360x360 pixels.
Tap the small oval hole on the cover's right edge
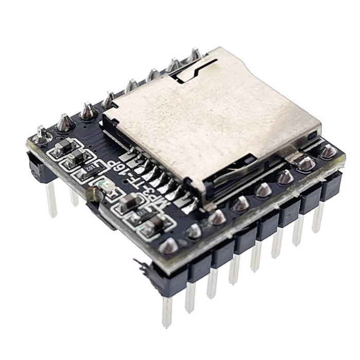point(312,135)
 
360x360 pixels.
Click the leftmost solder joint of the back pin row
point(42,135)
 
